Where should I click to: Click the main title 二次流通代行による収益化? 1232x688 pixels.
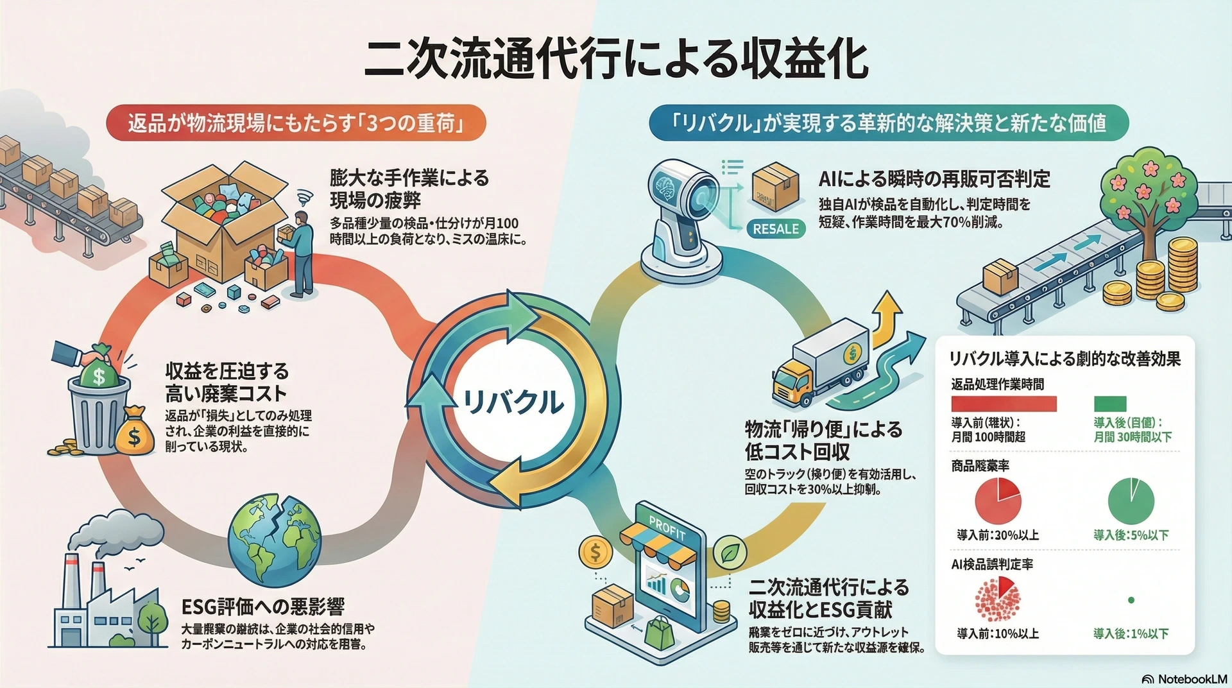pos(615,61)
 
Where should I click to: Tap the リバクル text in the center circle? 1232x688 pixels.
pos(513,402)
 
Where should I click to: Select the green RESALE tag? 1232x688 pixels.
pos(776,229)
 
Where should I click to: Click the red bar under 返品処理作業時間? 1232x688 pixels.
pos(1004,404)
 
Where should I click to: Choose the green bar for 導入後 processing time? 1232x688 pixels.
pos(1110,404)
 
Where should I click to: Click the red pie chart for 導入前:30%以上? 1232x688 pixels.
pos(998,501)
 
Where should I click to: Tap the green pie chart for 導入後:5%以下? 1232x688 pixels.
pos(1131,501)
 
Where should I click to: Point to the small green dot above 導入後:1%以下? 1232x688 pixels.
pos(1131,600)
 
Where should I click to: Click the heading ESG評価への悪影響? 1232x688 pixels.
pos(263,606)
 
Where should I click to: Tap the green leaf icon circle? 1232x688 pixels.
pos(730,551)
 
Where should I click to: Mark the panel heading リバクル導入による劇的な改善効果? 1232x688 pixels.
pos(1065,359)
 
